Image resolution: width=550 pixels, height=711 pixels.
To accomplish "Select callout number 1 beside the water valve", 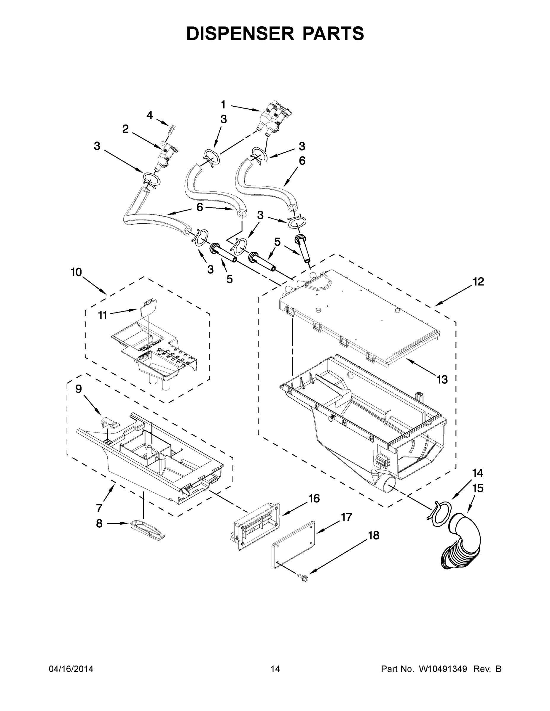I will tap(223, 105).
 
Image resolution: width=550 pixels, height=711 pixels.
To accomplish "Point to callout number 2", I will tap(125, 129).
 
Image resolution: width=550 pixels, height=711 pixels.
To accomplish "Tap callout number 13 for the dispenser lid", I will tap(442, 379).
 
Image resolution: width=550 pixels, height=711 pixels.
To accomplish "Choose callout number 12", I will tap(479, 282).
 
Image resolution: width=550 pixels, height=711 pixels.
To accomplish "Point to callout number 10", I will tap(76, 272).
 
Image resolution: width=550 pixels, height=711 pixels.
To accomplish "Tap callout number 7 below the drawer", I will tap(99, 508).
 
